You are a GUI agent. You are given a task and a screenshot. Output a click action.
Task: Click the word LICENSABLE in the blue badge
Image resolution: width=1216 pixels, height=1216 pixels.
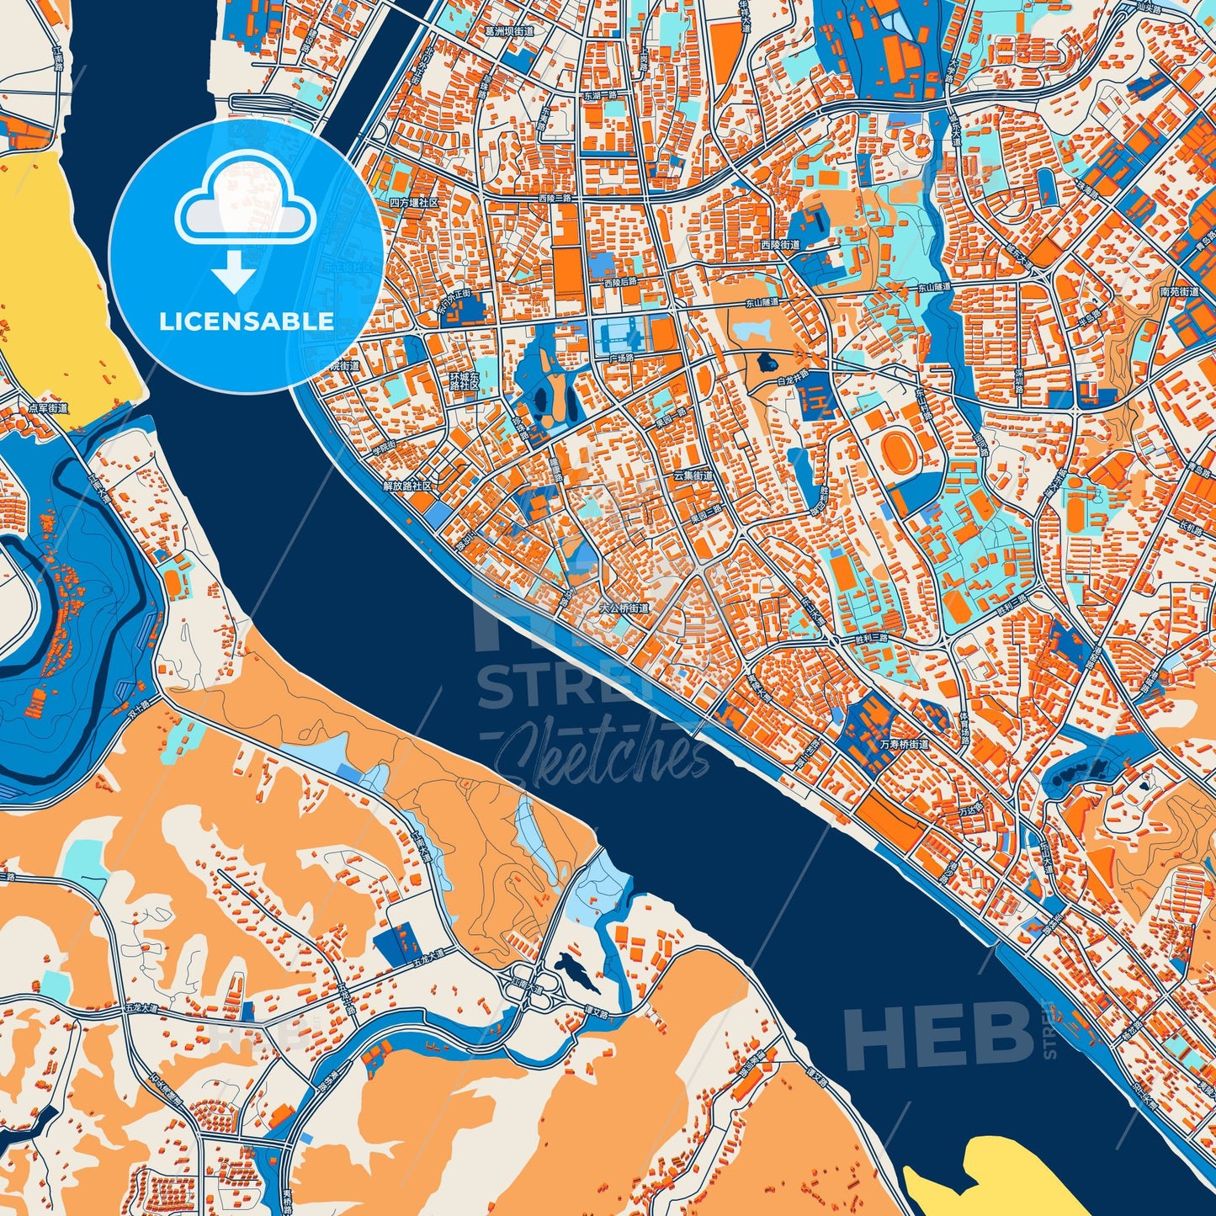point(247,321)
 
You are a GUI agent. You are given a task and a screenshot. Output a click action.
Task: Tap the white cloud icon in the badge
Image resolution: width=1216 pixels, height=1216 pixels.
point(245,206)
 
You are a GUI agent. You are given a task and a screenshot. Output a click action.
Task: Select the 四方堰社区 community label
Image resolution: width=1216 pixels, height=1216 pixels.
point(415,203)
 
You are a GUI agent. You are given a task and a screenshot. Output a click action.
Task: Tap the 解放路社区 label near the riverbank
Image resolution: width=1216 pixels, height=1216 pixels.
point(407,486)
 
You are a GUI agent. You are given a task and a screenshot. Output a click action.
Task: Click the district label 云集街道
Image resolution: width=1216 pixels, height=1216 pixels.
point(693,475)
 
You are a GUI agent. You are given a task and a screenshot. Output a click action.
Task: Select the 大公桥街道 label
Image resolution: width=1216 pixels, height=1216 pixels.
point(624,607)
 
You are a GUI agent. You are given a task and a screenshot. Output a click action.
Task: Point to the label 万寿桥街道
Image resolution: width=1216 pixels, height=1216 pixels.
point(904,744)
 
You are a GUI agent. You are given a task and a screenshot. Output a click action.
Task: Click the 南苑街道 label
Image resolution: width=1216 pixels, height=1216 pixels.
point(1179,292)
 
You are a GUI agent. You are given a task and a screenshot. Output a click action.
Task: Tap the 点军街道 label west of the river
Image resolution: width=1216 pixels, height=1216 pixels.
point(48,407)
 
